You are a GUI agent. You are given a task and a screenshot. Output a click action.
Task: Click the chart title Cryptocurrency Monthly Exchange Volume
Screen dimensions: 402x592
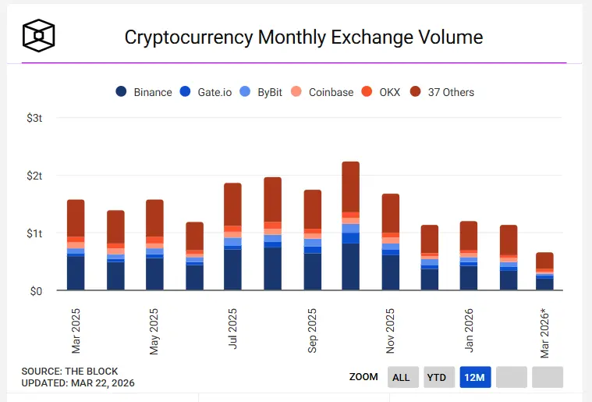pos(303,37)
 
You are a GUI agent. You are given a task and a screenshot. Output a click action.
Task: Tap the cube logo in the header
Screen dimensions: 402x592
pos(38,34)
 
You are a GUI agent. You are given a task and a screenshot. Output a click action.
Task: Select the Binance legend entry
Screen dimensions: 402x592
pos(144,92)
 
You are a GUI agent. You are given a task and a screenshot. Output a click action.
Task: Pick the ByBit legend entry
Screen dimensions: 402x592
pos(261,92)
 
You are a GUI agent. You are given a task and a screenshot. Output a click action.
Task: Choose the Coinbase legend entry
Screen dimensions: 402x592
pos(323,92)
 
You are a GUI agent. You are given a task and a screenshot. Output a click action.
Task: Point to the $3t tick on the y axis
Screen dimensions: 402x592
pos(35,118)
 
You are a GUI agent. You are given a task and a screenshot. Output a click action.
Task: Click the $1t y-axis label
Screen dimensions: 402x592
pos(35,233)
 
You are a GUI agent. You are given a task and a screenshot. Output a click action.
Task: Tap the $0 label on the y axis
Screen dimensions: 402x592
pos(35,291)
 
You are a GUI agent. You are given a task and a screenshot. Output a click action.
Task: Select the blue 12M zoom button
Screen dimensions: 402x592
pos(475,377)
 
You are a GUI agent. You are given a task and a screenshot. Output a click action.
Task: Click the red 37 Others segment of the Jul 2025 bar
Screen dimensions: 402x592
pos(233,205)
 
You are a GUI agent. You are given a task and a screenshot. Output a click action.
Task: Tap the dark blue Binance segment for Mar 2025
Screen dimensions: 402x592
pos(76,273)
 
